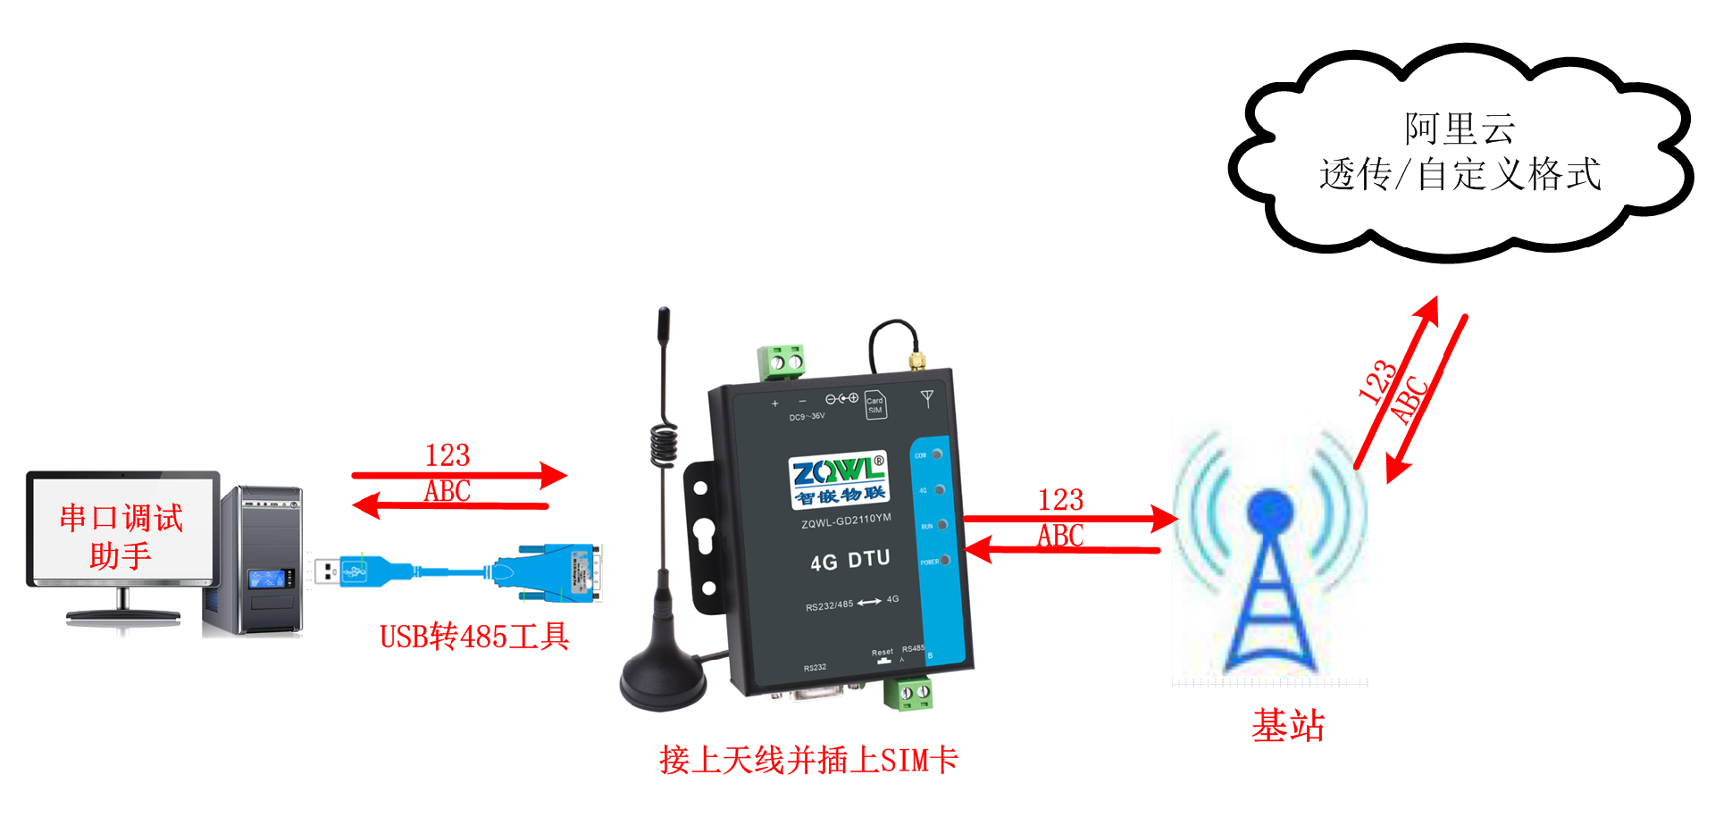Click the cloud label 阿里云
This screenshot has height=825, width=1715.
click(x=1459, y=129)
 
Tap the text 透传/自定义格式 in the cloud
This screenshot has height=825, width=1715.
click(x=1460, y=174)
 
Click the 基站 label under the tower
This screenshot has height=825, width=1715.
click(x=1287, y=725)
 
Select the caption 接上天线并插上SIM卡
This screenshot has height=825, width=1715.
click(x=808, y=760)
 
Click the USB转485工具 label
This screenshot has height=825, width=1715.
click(x=474, y=637)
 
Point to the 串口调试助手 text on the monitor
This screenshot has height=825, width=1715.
click(x=121, y=536)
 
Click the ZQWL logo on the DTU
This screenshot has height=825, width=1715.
click(x=838, y=479)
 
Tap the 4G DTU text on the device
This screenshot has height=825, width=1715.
click(x=849, y=561)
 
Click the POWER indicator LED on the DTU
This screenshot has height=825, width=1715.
click(x=944, y=560)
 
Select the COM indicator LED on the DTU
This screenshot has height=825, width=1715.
click(x=937, y=454)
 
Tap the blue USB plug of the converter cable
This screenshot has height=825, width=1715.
click(x=362, y=570)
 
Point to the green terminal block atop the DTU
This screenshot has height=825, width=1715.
click(x=781, y=362)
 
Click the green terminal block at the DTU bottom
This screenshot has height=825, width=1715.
click(x=908, y=693)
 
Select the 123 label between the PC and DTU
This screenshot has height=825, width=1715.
click(x=448, y=456)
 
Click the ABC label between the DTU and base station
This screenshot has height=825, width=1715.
click(x=1060, y=536)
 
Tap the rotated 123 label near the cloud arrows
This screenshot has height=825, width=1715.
click(x=1376, y=382)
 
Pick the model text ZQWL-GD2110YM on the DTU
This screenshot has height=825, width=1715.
click(x=846, y=521)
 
